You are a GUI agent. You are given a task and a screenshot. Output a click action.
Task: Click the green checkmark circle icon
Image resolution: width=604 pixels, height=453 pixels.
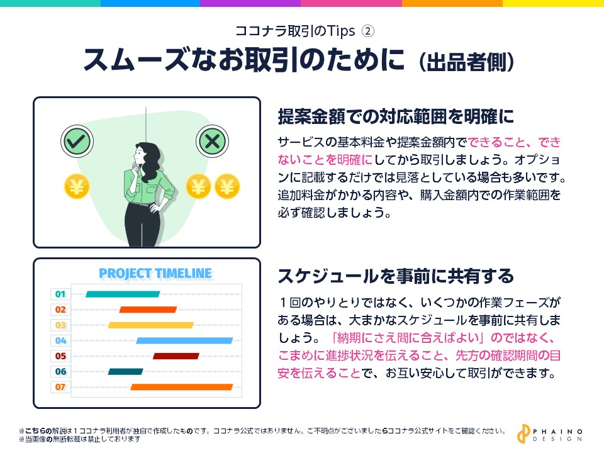coord(75,141)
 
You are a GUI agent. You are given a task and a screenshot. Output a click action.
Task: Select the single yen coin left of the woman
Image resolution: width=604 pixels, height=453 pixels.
coord(76,186)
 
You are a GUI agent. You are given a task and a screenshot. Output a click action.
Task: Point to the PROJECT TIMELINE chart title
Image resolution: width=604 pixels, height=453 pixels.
coord(155,274)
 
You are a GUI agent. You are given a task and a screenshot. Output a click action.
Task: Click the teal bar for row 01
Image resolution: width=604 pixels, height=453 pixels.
coord(123,294)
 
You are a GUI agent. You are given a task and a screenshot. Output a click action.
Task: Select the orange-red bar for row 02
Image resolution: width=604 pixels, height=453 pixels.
coord(148,310)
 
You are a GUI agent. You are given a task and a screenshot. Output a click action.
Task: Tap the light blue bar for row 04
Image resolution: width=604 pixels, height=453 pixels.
coord(184,340)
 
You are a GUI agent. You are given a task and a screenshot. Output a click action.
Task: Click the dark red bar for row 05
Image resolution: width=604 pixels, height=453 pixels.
coord(176,356)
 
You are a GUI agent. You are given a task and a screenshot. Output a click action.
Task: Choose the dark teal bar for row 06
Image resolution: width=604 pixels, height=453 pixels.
coord(125,371)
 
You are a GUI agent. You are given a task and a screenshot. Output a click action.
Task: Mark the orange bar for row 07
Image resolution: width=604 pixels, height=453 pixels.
coord(182,387)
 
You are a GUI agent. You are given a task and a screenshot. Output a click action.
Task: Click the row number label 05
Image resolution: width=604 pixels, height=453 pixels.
coord(60,356)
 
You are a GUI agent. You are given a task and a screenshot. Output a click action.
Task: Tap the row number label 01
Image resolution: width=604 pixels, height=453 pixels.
coord(60,294)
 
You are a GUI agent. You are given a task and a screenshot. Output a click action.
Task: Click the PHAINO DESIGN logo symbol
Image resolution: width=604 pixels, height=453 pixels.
coord(522,434)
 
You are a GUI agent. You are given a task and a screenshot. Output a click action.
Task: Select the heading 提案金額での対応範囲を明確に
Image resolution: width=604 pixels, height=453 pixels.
coord(396,116)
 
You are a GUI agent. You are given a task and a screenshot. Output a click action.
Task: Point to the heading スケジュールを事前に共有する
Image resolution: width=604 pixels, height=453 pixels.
coord(396,276)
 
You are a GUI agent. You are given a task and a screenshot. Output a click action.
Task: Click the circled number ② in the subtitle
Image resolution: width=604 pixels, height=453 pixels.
coord(369,30)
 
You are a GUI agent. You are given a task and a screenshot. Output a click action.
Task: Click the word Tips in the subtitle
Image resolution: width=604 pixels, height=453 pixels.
coord(343,30)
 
